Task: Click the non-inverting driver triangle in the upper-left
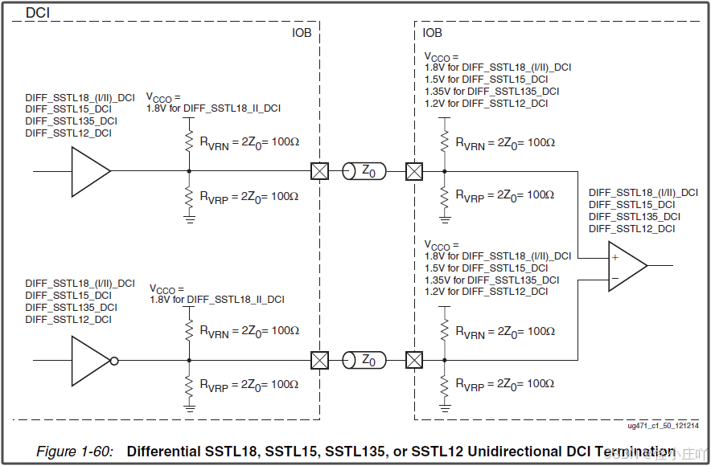pos(88,171)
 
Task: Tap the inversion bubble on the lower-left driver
pos(114,361)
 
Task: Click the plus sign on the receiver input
pos(614,257)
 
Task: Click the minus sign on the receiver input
pos(614,277)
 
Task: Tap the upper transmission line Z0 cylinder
pos(364,171)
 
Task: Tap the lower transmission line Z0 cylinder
pos(364,361)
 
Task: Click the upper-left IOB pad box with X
pos(320,171)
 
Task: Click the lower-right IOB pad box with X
pos(414,361)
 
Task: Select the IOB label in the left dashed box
pos(302,33)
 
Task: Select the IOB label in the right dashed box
pos(433,33)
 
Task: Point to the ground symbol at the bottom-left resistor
pos(190,407)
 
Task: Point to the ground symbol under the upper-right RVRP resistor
pos(444,218)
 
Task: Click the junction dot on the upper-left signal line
pos(190,171)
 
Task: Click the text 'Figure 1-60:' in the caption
pos(75,451)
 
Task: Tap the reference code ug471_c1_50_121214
pos(664,427)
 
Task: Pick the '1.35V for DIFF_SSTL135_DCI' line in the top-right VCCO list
pos(491,91)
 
